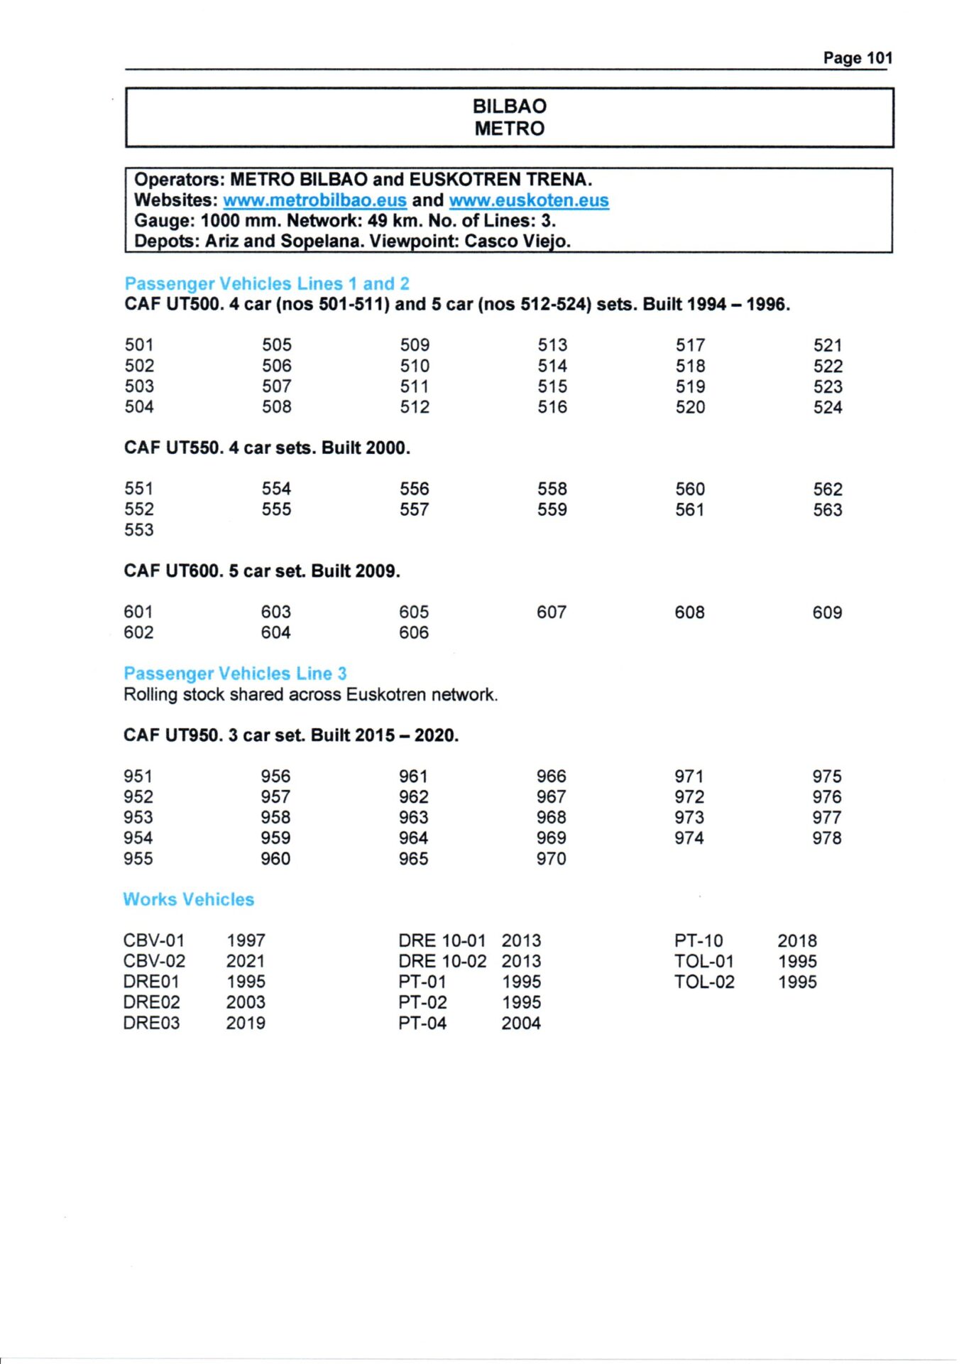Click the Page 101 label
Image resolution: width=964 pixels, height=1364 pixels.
point(857,58)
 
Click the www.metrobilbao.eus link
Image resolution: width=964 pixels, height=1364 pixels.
point(314,200)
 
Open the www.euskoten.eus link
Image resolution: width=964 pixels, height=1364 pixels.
point(529,200)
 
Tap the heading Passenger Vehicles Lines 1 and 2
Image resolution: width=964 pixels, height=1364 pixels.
point(267,283)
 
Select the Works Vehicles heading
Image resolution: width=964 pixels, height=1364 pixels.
point(188,899)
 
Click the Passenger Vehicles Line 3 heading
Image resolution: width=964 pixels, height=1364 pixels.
point(235,673)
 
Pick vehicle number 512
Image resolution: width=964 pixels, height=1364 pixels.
point(415,407)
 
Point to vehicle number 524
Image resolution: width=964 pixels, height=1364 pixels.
point(828,408)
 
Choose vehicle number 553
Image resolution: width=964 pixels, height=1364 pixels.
point(138,530)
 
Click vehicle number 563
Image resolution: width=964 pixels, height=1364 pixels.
point(828,510)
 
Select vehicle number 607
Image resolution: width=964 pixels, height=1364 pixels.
point(552,612)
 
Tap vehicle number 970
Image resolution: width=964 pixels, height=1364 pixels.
point(552,859)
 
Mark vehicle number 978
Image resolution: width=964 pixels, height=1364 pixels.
point(827,838)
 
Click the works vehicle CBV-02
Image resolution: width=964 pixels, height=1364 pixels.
point(154,961)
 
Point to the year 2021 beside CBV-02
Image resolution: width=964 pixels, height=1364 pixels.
point(246,961)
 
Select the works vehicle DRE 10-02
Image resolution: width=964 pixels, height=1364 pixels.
point(442,961)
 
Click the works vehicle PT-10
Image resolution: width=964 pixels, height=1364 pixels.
point(699,941)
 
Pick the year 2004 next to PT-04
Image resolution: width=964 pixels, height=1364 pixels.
point(521,1024)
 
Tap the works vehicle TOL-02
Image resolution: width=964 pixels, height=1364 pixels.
point(704,983)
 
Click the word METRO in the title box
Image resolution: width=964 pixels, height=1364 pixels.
point(510,129)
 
